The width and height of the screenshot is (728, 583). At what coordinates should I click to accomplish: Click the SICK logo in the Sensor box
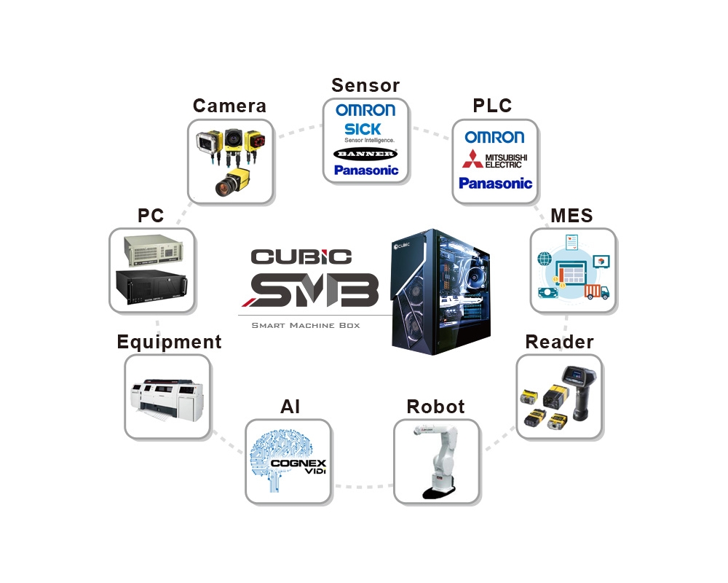pos(362,130)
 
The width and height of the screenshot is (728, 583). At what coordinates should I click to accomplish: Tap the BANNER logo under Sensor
pos(365,154)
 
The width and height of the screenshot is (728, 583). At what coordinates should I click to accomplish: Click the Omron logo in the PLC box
pos(494,137)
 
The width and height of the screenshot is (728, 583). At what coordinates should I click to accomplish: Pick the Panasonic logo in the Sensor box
pos(366,171)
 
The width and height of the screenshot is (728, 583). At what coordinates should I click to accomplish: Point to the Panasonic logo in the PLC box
pos(495,183)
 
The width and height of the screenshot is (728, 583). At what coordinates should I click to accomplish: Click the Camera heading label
pos(229,106)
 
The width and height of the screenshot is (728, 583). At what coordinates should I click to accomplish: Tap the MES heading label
pos(571,216)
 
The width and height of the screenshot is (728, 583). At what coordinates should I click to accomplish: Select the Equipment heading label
pos(169,342)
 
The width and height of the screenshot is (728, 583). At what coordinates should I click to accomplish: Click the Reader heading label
pos(559,342)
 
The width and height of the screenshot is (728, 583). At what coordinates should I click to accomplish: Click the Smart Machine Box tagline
pos(305,325)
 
